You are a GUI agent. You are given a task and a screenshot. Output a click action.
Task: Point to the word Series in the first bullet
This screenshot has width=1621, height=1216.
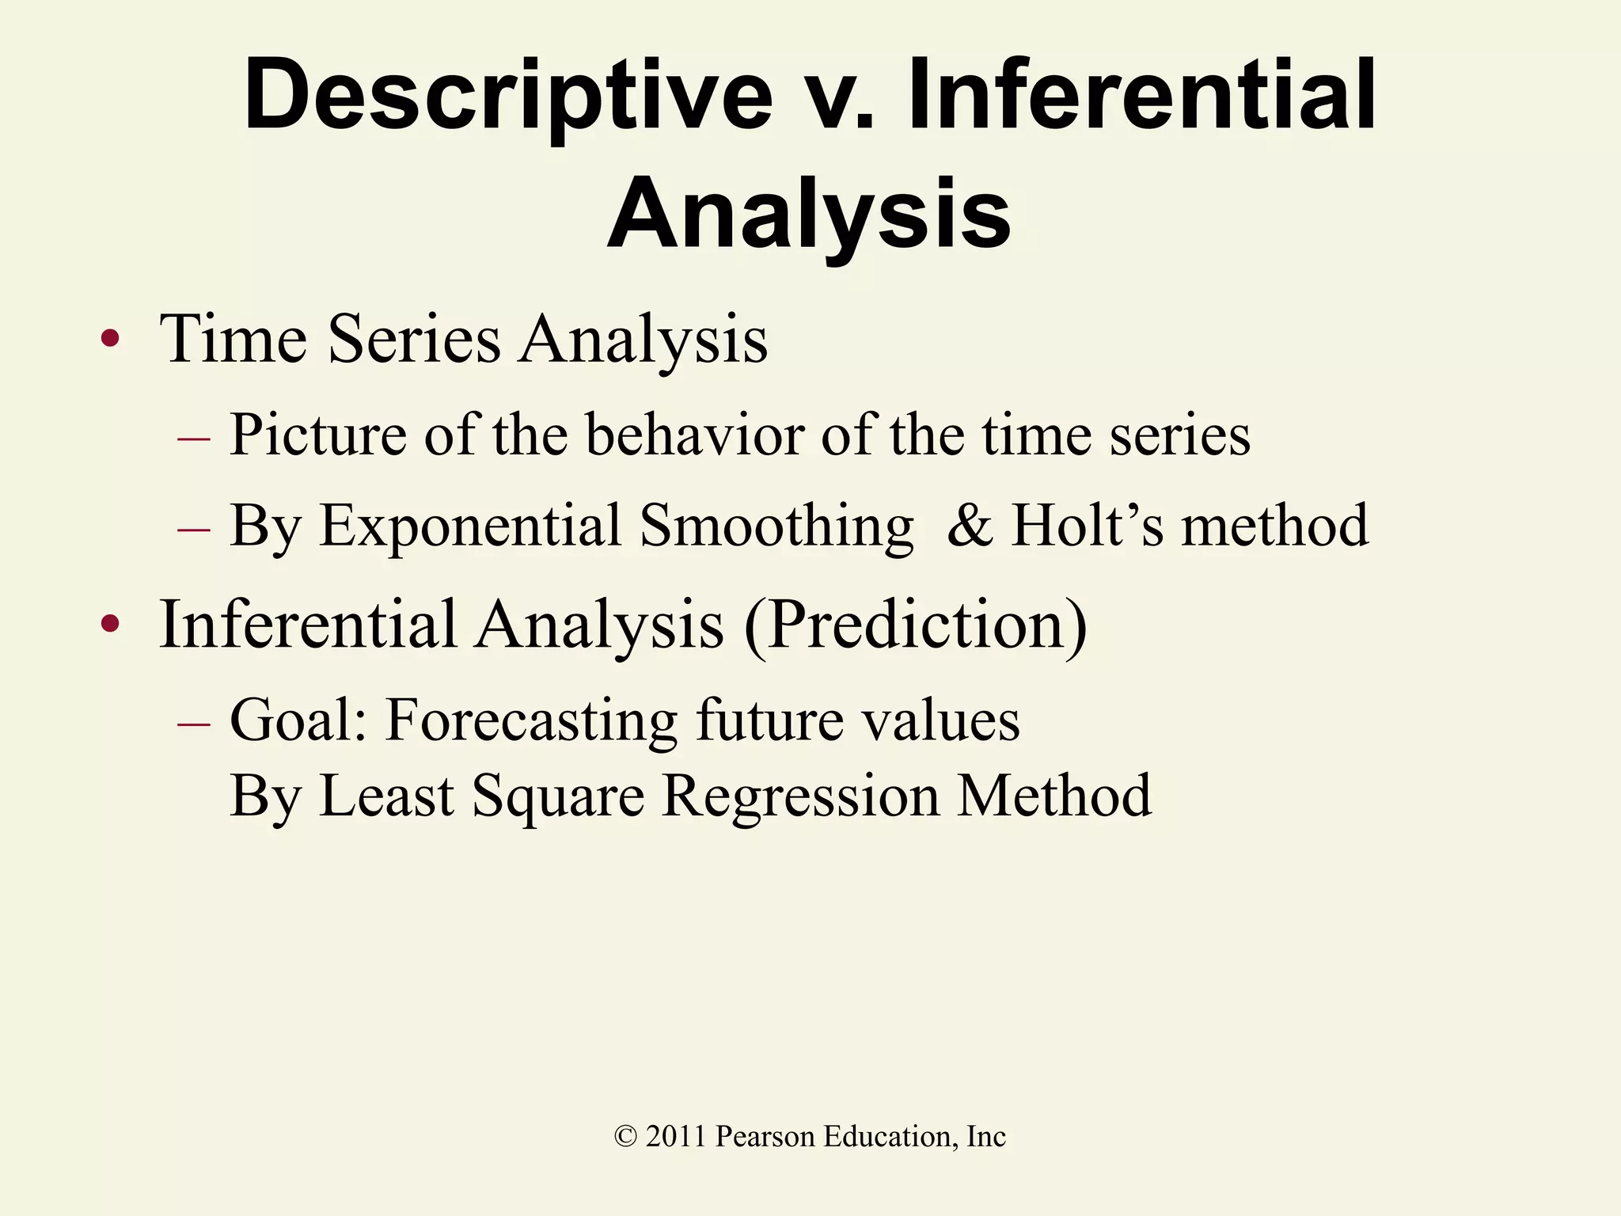click(414, 339)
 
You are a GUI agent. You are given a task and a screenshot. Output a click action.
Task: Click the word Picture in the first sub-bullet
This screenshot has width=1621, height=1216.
click(317, 435)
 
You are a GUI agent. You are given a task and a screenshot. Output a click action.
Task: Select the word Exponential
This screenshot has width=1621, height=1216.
click(470, 526)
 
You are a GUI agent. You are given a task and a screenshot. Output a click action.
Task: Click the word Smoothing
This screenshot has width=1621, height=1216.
click(776, 526)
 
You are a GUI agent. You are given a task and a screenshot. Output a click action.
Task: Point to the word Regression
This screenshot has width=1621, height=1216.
click(801, 796)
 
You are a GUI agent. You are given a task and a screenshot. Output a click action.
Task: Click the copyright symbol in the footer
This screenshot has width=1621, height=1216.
click(625, 1137)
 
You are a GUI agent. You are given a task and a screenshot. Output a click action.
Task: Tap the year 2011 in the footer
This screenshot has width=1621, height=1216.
click(675, 1137)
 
